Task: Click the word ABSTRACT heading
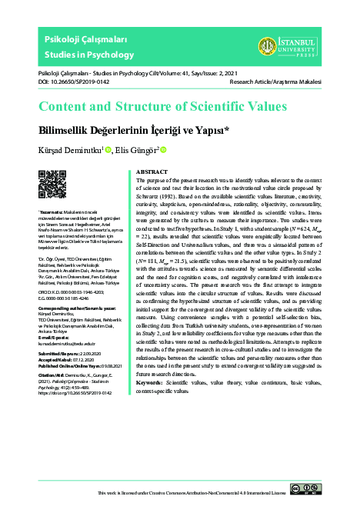[153, 172]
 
